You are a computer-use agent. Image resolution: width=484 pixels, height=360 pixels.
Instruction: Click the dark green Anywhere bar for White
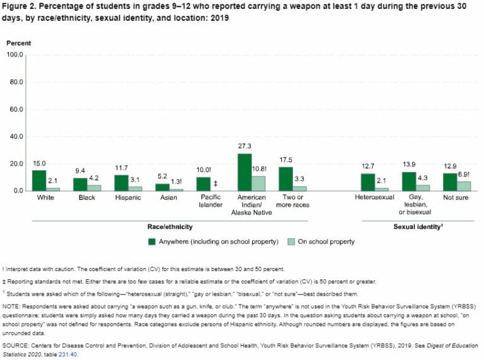pyautogui.click(x=39, y=180)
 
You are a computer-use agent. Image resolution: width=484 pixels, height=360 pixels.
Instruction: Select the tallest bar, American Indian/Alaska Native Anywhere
pyautogui.click(x=245, y=172)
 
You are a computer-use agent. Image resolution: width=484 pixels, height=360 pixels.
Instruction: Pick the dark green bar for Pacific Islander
pyautogui.click(x=203, y=183)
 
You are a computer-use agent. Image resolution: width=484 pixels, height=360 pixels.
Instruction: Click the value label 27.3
pyautogui.click(x=245, y=146)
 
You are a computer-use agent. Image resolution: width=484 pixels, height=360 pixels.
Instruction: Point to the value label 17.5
pyautogui.click(x=285, y=160)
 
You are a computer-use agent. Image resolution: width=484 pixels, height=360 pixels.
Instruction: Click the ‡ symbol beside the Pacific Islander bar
pyautogui.click(x=216, y=184)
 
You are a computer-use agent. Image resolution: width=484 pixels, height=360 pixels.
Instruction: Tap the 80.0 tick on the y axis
pyautogui.click(x=14, y=82)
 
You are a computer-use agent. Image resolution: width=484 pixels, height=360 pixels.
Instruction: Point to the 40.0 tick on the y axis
pyautogui.click(x=14, y=136)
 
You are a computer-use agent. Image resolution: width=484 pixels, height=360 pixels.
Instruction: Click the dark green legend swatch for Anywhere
pyautogui.click(x=152, y=241)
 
